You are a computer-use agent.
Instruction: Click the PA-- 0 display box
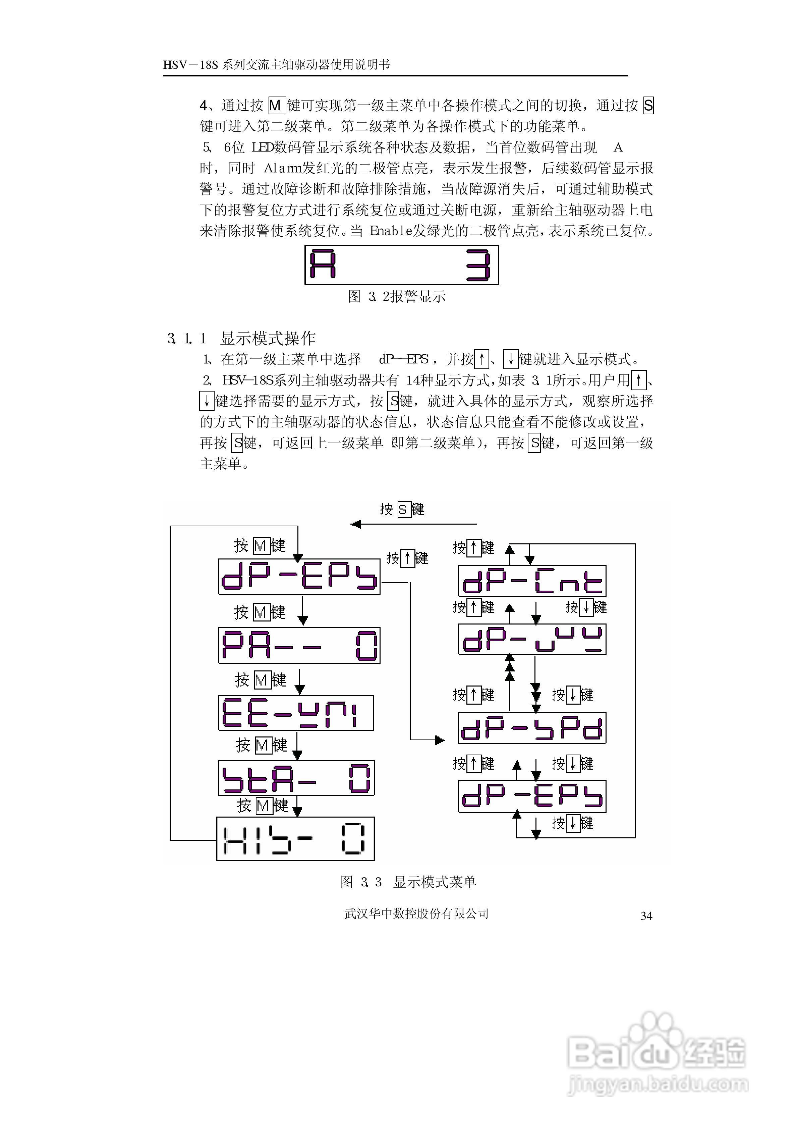click(x=299, y=645)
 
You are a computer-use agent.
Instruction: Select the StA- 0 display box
click(x=296, y=777)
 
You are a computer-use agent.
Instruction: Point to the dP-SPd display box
click(x=532, y=728)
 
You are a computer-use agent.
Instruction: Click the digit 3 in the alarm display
click(x=478, y=265)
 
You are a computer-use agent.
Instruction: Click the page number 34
click(x=646, y=915)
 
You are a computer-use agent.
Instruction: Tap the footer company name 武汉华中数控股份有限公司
click(x=416, y=913)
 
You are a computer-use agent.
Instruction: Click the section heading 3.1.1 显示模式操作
click(x=241, y=338)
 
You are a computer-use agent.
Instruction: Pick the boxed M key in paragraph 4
click(x=276, y=105)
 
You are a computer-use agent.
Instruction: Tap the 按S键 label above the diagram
click(x=402, y=510)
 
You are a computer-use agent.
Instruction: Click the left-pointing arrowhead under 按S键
click(x=355, y=524)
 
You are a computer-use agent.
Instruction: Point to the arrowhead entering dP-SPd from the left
click(x=440, y=739)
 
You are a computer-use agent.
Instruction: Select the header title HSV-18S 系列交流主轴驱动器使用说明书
click(x=277, y=64)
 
